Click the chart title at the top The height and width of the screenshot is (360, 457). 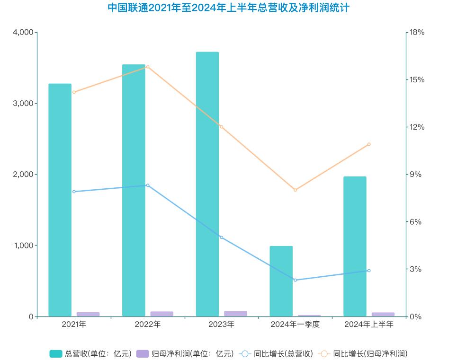pos(228,8)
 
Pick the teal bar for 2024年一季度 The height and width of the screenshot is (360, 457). pos(281,281)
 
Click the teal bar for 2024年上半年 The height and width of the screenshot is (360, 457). pos(355,246)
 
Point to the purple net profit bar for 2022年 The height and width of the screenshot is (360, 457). pos(162,314)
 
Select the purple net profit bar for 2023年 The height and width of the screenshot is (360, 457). pos(235,313)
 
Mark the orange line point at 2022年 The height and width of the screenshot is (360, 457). pos(148,67)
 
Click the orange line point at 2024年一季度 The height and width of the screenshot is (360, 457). pos(295,190)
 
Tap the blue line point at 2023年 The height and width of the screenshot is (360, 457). pos(221,237)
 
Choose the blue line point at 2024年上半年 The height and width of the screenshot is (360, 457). pos(369,271)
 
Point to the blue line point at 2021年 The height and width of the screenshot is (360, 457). pos(74,192)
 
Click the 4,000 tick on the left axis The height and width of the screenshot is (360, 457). pos(23,32)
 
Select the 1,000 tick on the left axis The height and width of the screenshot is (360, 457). pos(23,246)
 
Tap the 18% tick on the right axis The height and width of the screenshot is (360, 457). pos(417,32)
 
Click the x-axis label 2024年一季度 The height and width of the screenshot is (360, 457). pos(295,325)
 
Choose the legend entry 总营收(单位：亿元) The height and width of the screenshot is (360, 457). pos(90,353)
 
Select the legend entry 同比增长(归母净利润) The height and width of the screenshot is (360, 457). pos(363,353)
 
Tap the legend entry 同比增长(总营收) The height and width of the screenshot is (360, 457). pos(277,353)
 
